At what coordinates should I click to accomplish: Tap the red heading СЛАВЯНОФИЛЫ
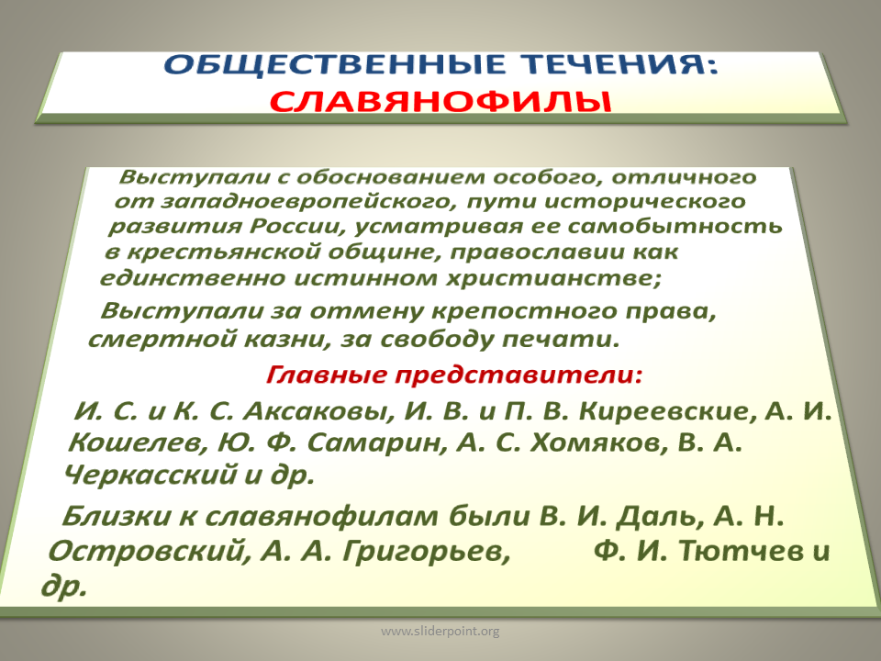click(440, 102)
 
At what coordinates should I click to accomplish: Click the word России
click(295, 227)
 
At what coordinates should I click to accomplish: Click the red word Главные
click(327, 375)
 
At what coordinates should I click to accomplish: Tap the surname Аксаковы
click(318, 411)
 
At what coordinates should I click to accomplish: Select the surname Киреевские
click(664, 411)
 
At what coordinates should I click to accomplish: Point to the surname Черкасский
click(150, 475)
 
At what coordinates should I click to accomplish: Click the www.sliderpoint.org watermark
click(440, 632)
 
